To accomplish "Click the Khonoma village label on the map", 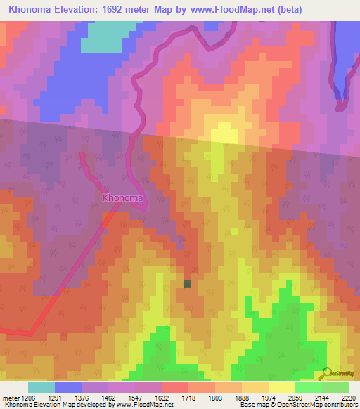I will (x=123, y=197).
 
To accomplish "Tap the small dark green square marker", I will (x=187, y=284).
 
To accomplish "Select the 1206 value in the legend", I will (x=27, y=397).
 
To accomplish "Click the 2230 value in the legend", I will (x=348, y=397).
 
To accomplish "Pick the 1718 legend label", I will (x=188, y=397).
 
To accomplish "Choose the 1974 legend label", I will (x=268, y=397).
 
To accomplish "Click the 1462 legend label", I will (x=108, y=397).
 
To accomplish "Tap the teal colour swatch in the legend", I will (x=41, y=387).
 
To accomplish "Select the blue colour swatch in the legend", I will (x=67, y=387).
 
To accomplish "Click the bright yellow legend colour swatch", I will (x=281, y=387).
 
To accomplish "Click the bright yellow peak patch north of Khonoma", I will (x=223, y=133).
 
